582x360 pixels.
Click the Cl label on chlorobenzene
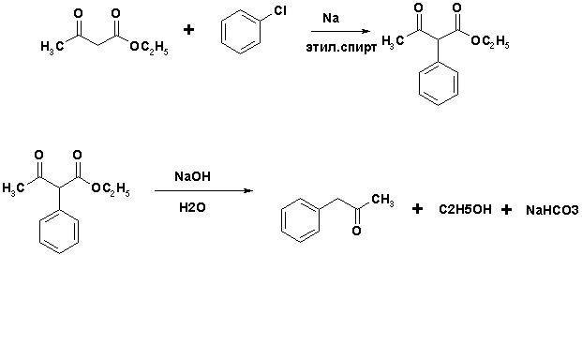280,11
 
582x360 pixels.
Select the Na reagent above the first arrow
331,18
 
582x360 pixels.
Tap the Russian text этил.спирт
341,48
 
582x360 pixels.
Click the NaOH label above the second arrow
192,176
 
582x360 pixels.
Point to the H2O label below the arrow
192,207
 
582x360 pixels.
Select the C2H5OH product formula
465,209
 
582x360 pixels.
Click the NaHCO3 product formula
552,210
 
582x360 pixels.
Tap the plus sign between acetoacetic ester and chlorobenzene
189,29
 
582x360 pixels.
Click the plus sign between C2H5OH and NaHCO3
506,210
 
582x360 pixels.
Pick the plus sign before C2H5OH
417,209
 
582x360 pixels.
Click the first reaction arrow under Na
340,32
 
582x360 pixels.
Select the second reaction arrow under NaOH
203,190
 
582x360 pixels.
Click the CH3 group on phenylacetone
382,200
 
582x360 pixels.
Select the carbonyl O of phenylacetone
356,231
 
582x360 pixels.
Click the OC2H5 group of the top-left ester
149,48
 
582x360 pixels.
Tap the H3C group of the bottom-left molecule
14,188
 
